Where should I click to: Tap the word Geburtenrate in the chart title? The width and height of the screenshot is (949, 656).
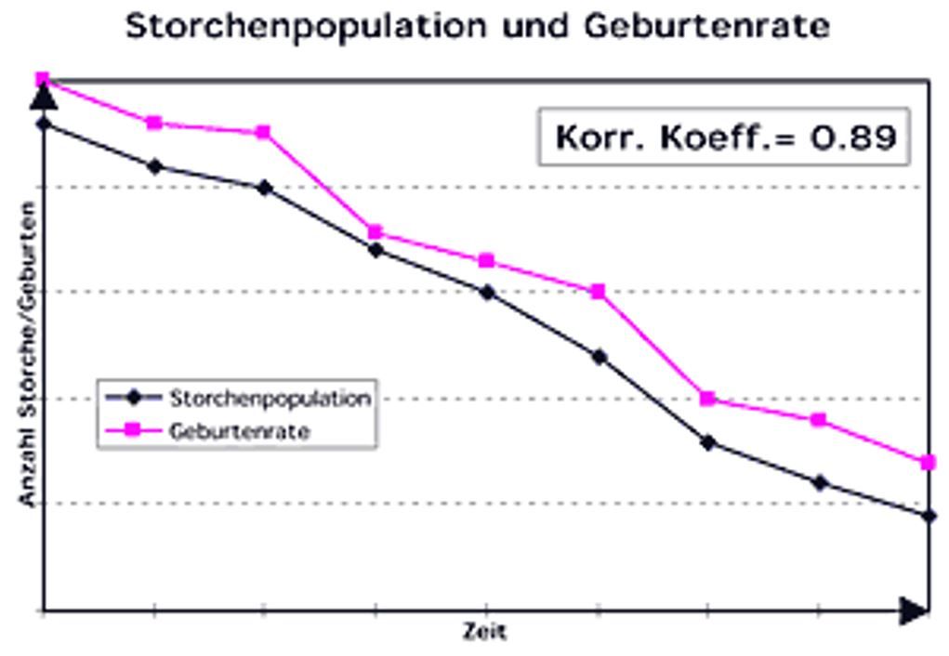point(706,26)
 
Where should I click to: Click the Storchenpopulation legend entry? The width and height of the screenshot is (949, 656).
point(270,399)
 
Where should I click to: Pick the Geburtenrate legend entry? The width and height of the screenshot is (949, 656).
point(239,431)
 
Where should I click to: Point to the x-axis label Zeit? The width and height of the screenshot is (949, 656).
point(485,633)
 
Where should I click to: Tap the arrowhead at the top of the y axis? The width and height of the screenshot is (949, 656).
point(43,96)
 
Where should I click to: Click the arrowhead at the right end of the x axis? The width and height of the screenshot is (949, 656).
point(913,610)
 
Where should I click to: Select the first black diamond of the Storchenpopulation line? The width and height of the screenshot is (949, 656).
point(43,123)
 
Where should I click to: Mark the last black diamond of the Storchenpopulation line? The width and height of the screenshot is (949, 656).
point(929,515)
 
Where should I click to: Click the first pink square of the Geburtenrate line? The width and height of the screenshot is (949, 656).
point(43,80)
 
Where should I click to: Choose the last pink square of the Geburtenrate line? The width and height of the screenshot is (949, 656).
point(928,462)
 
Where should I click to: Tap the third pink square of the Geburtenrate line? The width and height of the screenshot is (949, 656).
point(264,132)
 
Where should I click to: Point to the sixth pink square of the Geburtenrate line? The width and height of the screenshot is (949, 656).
point(598,292)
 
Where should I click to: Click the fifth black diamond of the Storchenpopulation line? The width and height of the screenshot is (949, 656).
point(486,292)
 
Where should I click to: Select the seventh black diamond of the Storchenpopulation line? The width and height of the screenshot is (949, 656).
point(708,442)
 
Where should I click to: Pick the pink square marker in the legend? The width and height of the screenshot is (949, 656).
point(133,430)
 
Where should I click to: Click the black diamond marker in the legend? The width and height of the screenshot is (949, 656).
point(133,398)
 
